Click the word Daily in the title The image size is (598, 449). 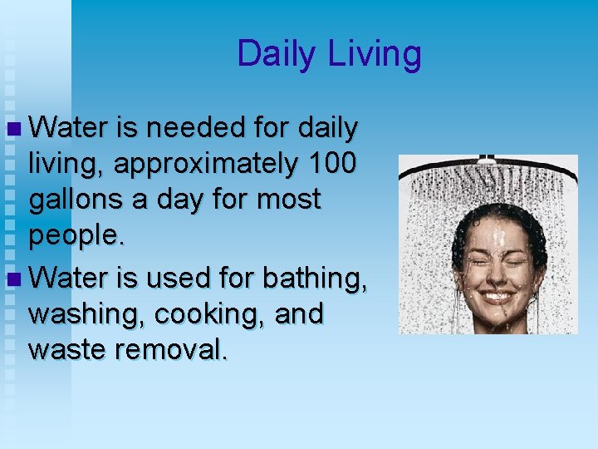(277, 55)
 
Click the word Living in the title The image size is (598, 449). (375, 55)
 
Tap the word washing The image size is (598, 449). (77, 314)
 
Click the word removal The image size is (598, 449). (171, 349)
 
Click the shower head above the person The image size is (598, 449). (487, 164)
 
